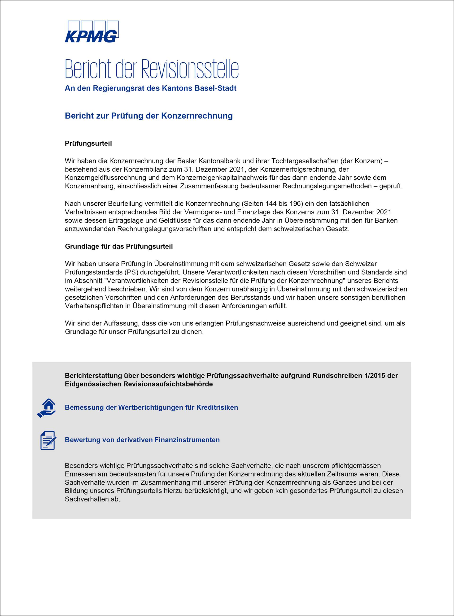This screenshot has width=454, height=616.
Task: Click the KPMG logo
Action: click(x=92, y=32)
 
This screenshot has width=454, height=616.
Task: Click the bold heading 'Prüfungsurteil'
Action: click(x=88, y=143)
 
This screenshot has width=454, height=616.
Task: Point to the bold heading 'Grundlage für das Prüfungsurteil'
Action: click(x=119, y=247)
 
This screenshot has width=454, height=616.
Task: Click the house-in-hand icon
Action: click(x=47, y=408)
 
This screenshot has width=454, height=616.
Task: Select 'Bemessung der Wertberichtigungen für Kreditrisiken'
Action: click(x=151, y=407)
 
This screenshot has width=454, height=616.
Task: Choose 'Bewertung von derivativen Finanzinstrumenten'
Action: click(x=142, y=440)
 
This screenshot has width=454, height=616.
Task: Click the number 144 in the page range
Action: click(x=271, y=204)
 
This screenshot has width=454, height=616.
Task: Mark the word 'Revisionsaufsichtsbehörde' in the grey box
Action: click(x=168, y=384)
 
